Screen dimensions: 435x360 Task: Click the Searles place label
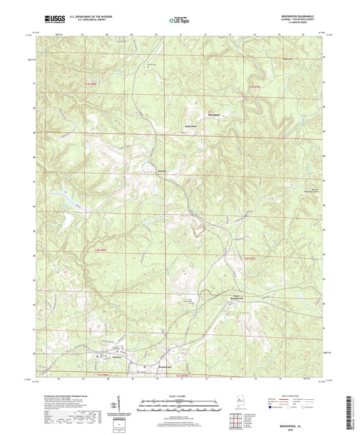tap(162, 170)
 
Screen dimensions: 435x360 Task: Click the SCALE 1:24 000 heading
tap(180, 396)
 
